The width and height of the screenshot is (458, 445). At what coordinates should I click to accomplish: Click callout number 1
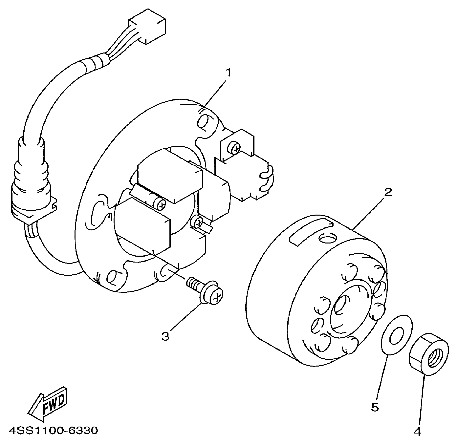[x=229, y=73]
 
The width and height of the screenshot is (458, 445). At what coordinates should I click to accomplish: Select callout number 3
[x=165, y=336]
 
